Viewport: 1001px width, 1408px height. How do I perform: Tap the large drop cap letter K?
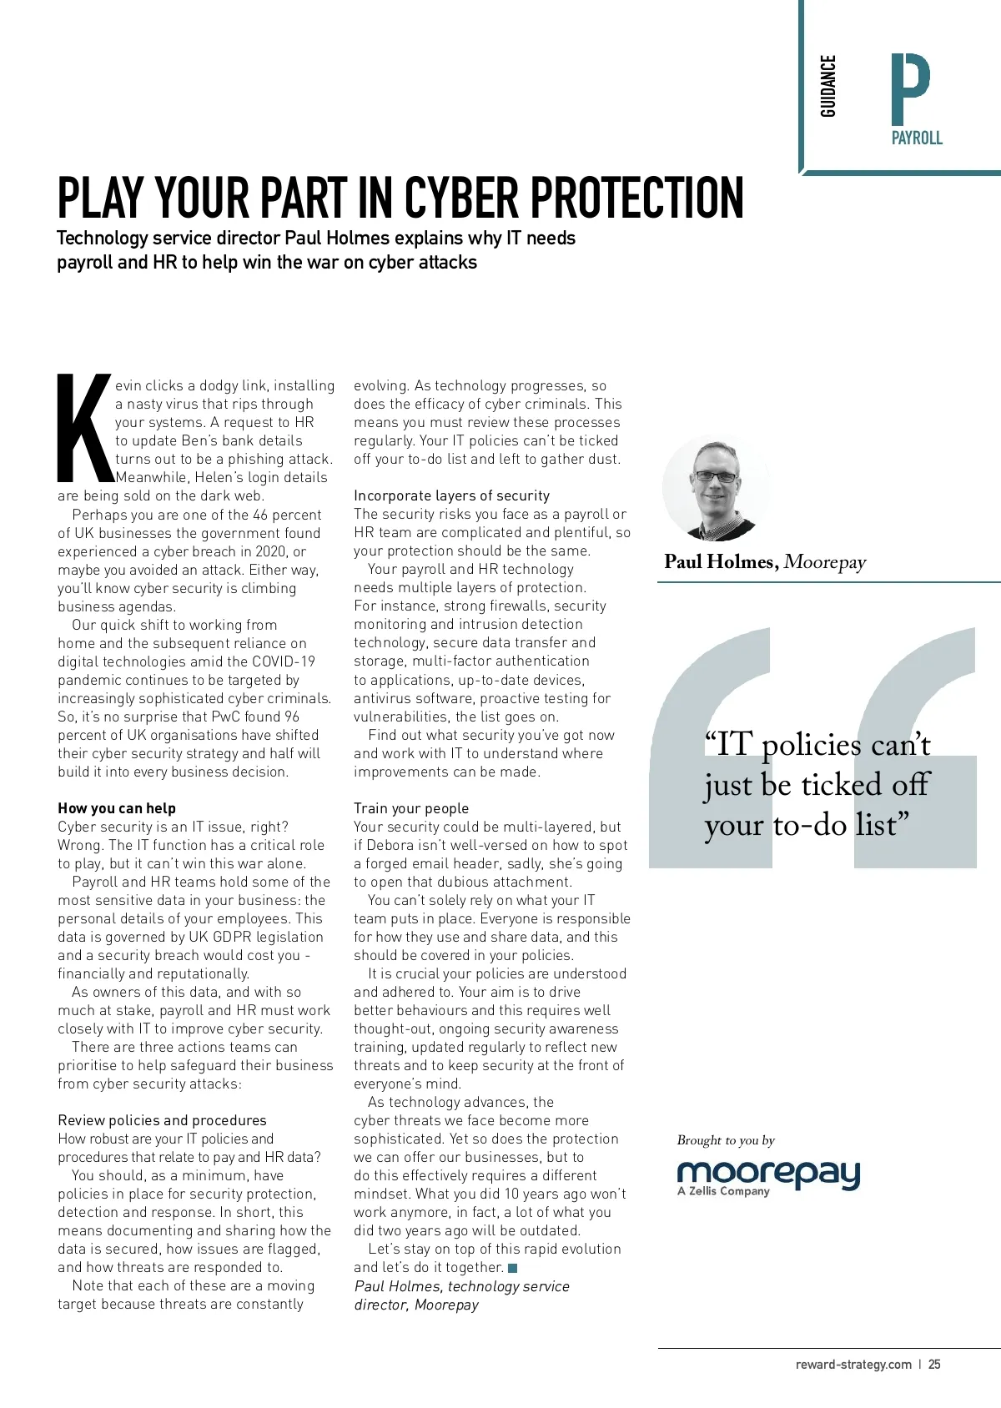click(84, 428)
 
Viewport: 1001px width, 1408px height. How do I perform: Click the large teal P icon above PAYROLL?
click(910, 89)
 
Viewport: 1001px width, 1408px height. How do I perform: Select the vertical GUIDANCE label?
click(827, 86)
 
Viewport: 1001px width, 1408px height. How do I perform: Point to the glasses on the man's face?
click(716, 477)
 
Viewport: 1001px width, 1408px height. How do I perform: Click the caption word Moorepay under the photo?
click(825, 562)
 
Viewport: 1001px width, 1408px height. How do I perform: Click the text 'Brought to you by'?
click(726, 1140)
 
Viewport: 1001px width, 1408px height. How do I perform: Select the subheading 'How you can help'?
click(117, 808)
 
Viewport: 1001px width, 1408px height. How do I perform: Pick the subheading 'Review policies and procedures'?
click(163, 1120)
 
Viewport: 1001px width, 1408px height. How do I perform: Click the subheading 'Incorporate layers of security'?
click(452, 495)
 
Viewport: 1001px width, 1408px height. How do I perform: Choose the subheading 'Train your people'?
click(411, 808)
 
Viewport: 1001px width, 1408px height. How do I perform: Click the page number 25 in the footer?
click(934, 1365)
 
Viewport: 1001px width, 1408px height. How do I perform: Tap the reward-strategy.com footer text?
click(853, 1365)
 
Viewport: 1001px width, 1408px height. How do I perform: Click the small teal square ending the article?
click(513, 1268)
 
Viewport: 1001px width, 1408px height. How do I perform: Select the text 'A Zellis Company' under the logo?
click(723, 1191)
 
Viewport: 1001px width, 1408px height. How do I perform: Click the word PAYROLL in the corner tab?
click(917, 138)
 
